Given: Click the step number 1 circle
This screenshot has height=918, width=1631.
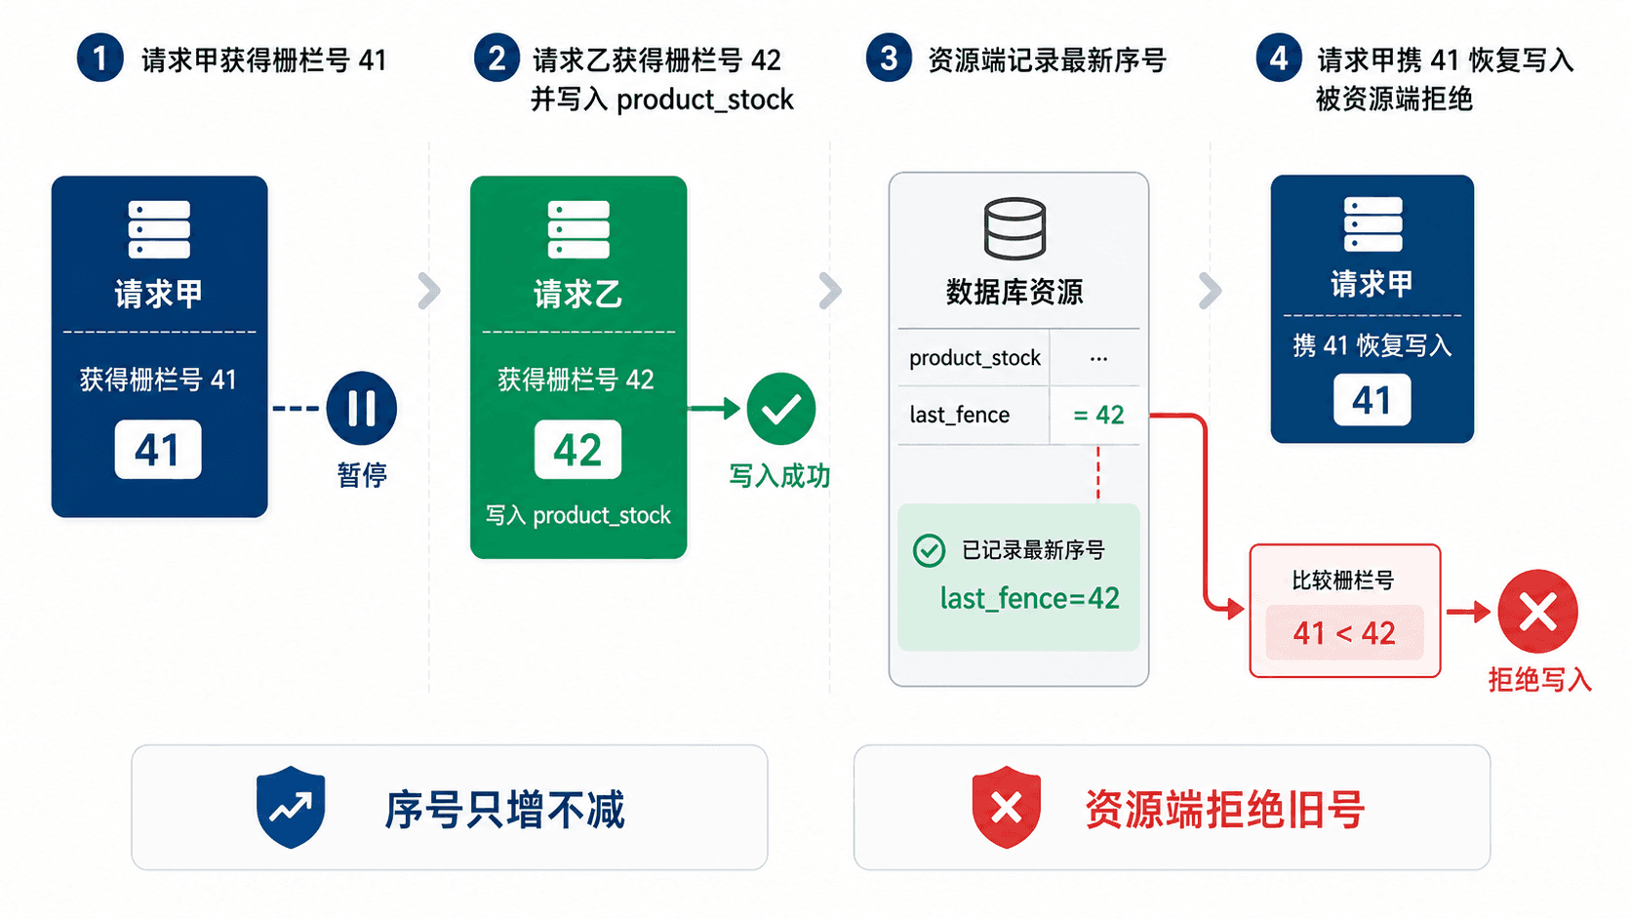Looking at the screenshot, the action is [x=99, y=59].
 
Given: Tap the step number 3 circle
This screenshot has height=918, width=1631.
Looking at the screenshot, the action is [x=889, y=59].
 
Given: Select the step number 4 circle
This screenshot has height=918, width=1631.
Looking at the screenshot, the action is [x=1279, y=59].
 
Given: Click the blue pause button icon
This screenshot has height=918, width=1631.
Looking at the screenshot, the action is [x=361, y=408].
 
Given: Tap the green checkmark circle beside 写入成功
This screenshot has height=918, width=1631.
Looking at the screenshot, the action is [x=780, y=409].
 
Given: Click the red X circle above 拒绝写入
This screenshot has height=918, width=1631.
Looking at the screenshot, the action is [x=1537, y=612].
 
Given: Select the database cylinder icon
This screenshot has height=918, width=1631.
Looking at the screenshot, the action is [x=1014, y=228].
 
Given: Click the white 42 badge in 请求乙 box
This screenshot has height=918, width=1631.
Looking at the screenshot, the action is [x=577, y=449].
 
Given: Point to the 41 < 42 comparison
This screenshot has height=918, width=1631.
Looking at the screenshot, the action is [x=1344, y=632].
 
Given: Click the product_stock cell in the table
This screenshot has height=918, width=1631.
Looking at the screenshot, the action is [x=975, y=357].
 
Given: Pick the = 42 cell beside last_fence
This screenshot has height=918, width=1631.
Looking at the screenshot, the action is [x=1095, y=415].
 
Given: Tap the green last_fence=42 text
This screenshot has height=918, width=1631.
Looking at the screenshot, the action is [x=1029, y=598].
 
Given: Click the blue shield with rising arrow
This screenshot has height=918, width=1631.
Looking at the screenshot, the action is [x=291, y=807].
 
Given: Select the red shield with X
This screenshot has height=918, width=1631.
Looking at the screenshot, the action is [x=1007, y=807].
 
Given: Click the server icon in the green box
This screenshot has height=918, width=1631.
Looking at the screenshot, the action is [x=578, y=229].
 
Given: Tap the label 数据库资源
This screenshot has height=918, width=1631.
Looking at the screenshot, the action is [x=1014, y=292].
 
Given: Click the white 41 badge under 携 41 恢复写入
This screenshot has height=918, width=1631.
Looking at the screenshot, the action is [x=1372, y=400].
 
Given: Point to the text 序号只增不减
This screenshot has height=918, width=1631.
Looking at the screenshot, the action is [x=504, y=809].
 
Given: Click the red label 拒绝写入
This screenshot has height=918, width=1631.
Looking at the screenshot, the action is [x=1539, y=679].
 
